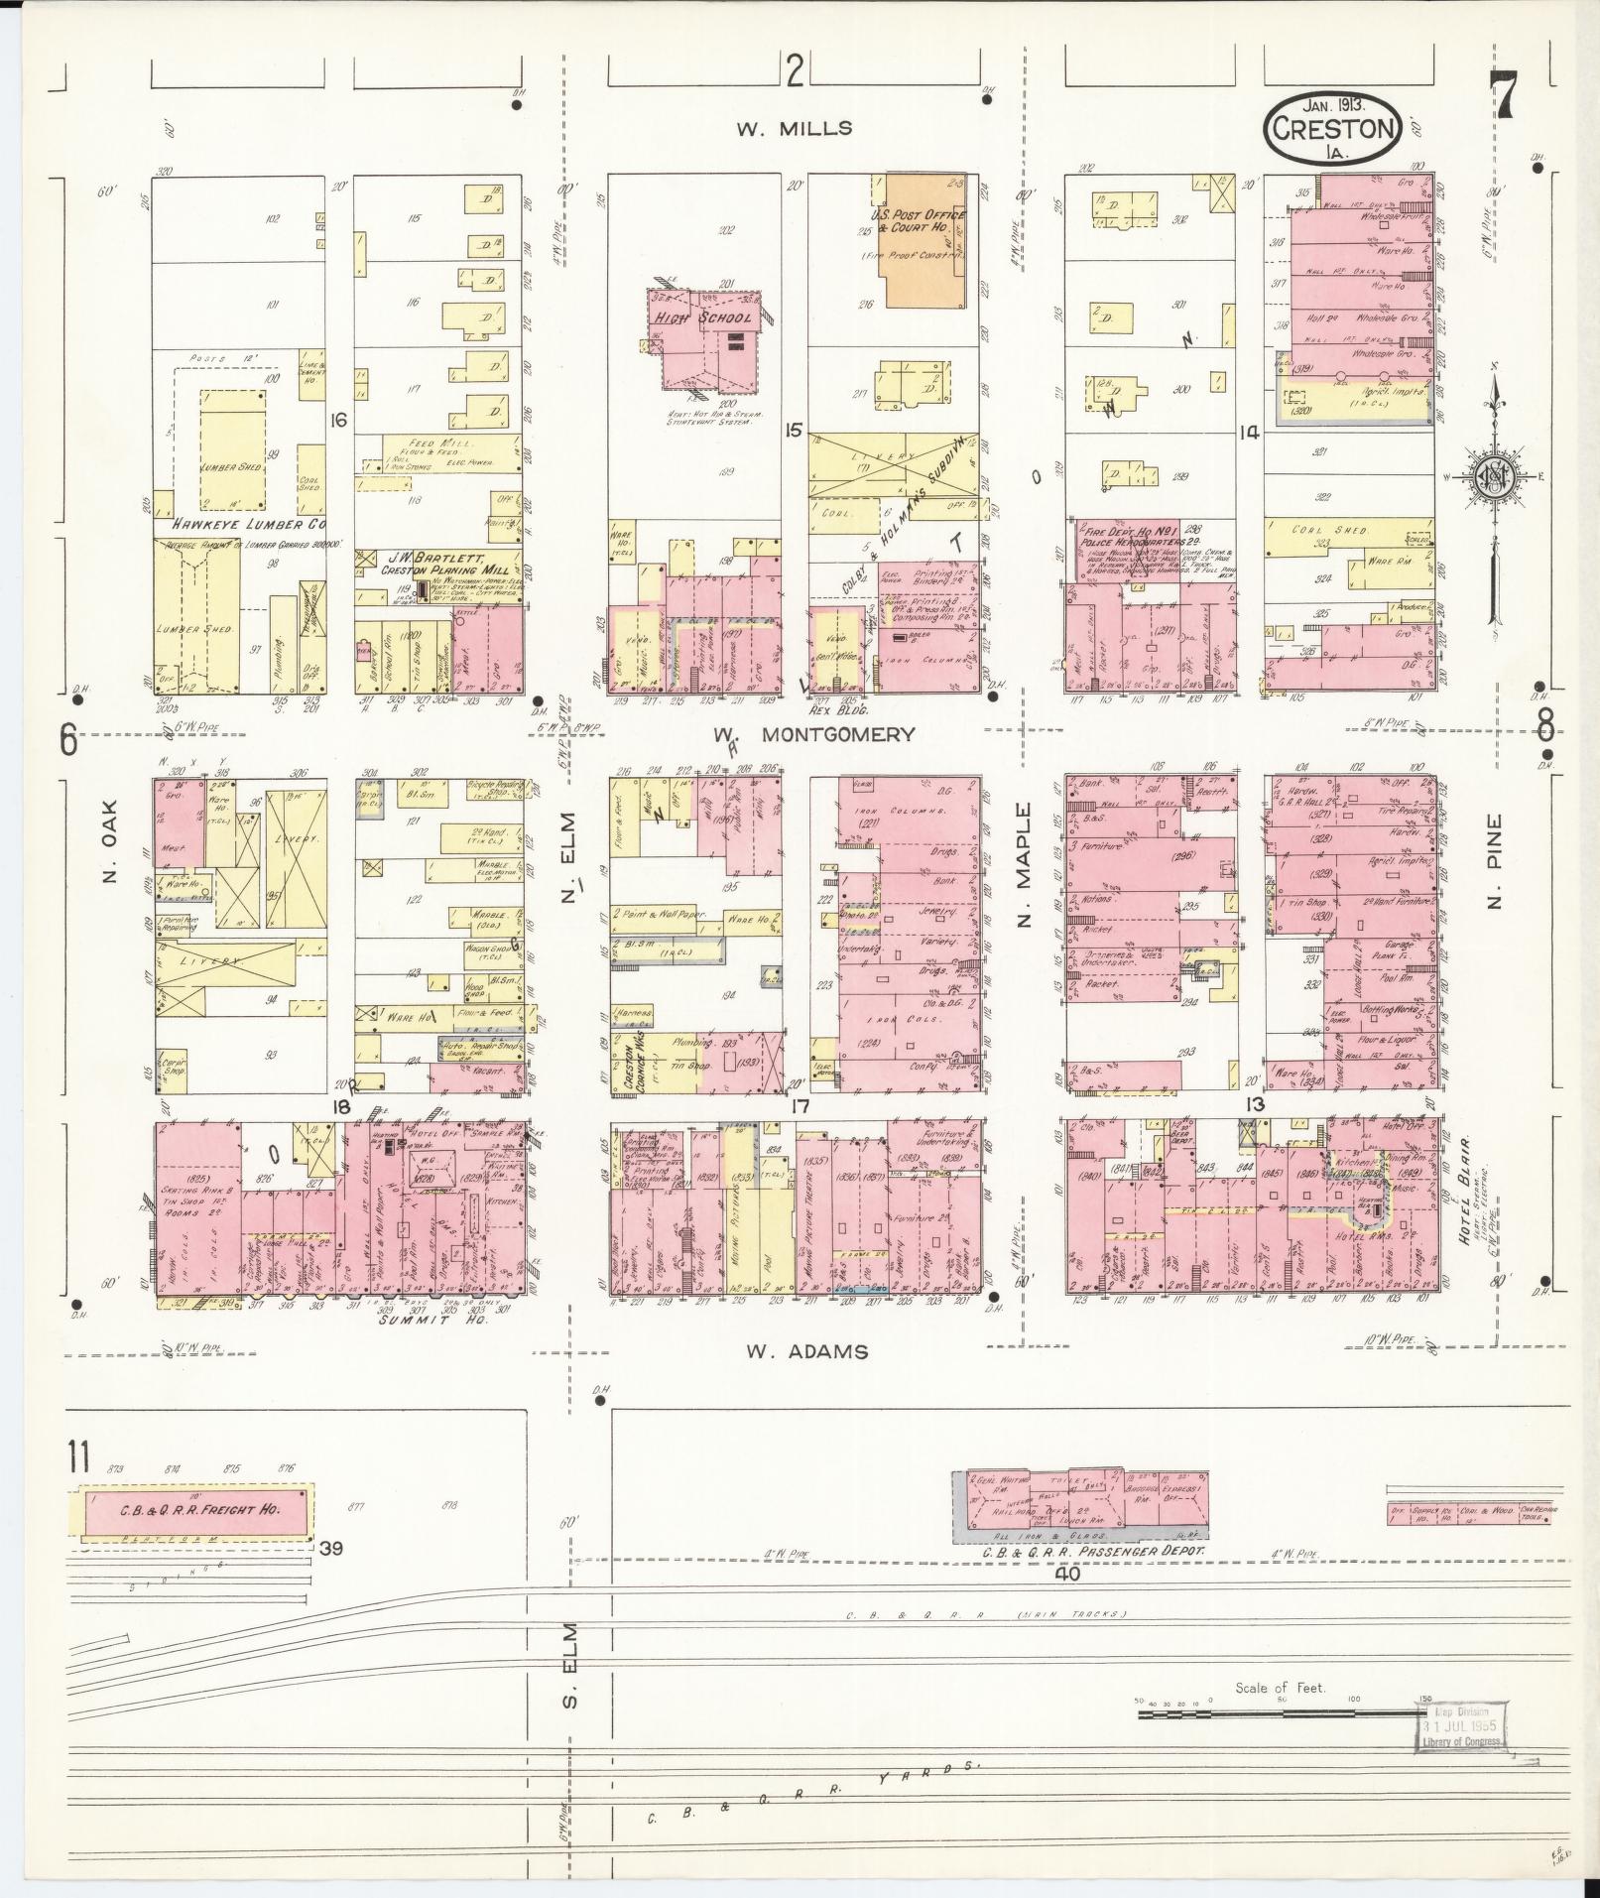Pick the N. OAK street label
pyautogui.click(x=109, y=859)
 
